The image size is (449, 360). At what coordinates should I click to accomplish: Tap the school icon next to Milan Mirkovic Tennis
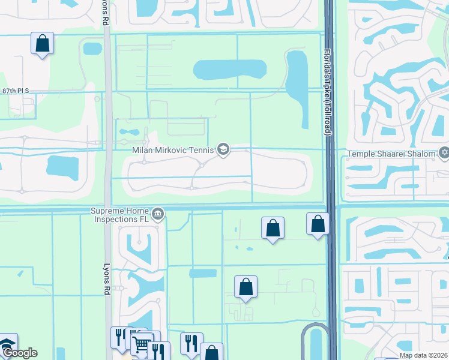point(223,149)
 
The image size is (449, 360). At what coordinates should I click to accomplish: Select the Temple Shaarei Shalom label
point(391,154)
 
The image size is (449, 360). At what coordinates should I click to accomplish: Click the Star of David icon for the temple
point(444,154)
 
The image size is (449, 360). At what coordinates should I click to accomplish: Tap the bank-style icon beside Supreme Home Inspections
point(158,214)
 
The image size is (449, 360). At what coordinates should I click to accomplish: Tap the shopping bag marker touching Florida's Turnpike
point(318,224)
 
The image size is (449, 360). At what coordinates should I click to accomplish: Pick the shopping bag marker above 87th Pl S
point(42,43)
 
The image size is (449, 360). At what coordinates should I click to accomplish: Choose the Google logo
point(20,353)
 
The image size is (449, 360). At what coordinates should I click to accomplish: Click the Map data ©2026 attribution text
point(424,355)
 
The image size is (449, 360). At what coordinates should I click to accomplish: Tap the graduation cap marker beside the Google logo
point(7,344)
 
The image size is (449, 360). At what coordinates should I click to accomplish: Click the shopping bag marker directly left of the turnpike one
point(273,228)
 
